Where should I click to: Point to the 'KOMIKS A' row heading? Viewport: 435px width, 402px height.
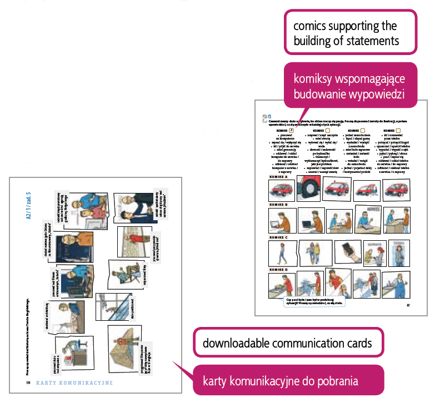[x=279, y=177]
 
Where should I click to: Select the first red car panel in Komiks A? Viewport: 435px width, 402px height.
[x=281, y=191]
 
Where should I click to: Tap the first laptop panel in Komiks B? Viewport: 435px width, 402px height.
[x=282, y=221]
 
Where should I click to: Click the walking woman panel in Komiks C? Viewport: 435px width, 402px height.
[x=281, y=253]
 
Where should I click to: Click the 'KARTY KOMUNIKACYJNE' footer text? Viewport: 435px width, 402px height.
[x=75, y=383]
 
